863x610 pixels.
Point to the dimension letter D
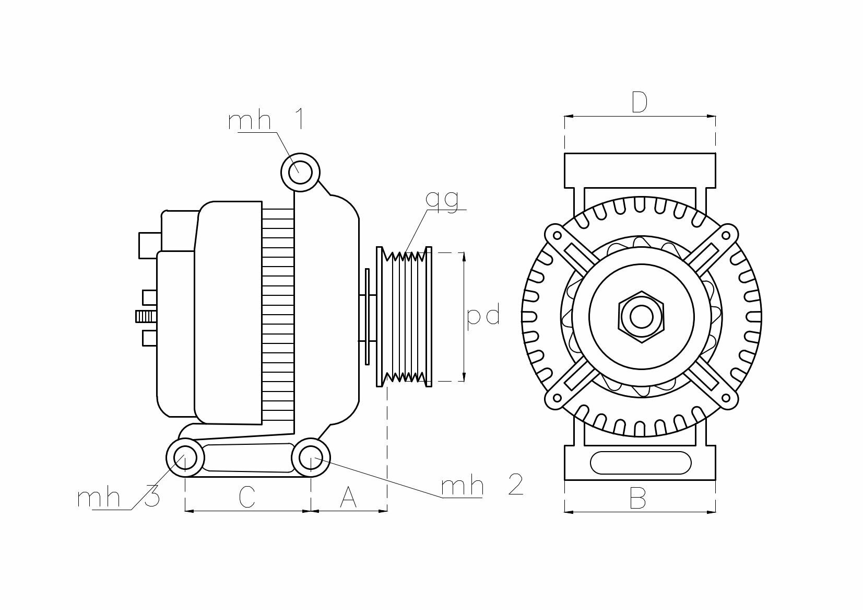click(x=640, y=102)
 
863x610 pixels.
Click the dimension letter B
click(x=637, y=498)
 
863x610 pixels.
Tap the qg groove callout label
click(x=442, y=200)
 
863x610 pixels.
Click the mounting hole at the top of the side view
click(x=301, y=172)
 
